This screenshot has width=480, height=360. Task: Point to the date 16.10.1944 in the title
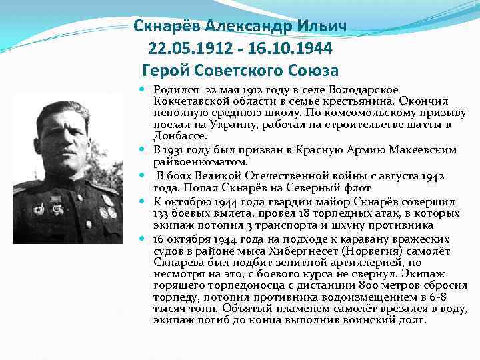290,49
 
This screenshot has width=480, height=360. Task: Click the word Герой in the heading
167,70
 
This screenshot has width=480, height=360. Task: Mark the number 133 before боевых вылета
161,213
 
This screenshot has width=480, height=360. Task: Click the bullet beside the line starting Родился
145,89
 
